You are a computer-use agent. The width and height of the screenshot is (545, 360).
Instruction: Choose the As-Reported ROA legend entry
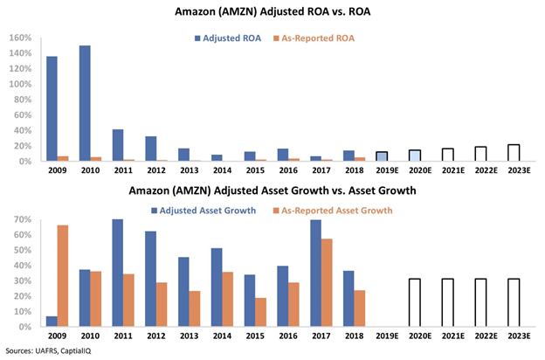(x=322, y=38)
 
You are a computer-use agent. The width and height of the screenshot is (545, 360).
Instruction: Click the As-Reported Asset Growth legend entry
(x=331, y=210)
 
